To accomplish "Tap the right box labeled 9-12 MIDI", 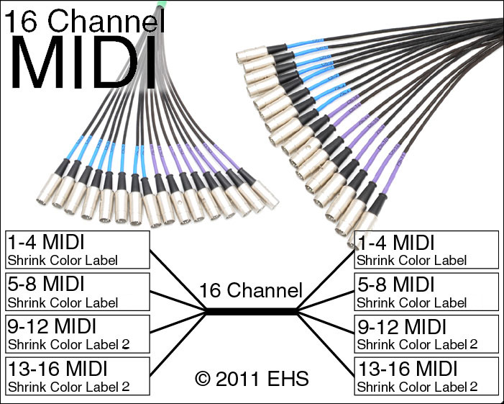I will [426, 333].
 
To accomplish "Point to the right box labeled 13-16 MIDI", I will [426, 376].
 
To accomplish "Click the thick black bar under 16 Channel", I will [251, 311].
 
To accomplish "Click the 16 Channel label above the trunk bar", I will [251, 292].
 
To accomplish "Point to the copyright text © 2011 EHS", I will [251, 377].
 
